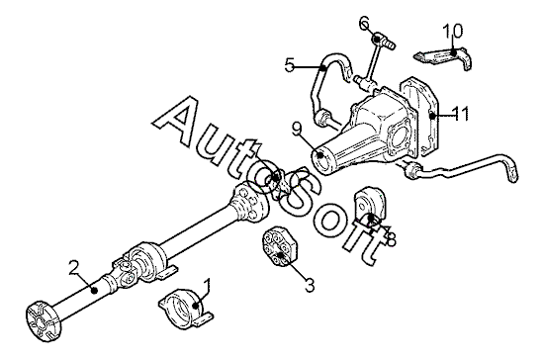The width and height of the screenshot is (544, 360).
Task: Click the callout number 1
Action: (207, 286)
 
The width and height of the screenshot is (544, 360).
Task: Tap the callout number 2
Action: (74, 268)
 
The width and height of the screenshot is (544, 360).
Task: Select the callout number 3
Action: (310, 285)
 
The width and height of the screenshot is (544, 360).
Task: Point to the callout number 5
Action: (289, 65)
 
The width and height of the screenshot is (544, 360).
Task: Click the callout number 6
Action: (365, 23)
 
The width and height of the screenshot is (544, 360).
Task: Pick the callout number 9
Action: (296, 130)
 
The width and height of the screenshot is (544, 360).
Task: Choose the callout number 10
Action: (452, 31)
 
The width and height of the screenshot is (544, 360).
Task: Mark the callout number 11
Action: (461, 113)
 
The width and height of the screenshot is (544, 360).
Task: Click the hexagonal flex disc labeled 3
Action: (280, 246)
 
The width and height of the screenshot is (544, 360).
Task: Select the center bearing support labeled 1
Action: (186, 309)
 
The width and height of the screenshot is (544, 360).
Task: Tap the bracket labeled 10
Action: (444, 57)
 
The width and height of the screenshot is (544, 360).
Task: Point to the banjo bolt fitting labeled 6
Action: (383, 41)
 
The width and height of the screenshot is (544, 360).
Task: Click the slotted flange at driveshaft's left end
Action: (44, 322)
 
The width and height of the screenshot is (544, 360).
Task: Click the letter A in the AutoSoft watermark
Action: (181, 124)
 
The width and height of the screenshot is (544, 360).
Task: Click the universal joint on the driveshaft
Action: (124, 271)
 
